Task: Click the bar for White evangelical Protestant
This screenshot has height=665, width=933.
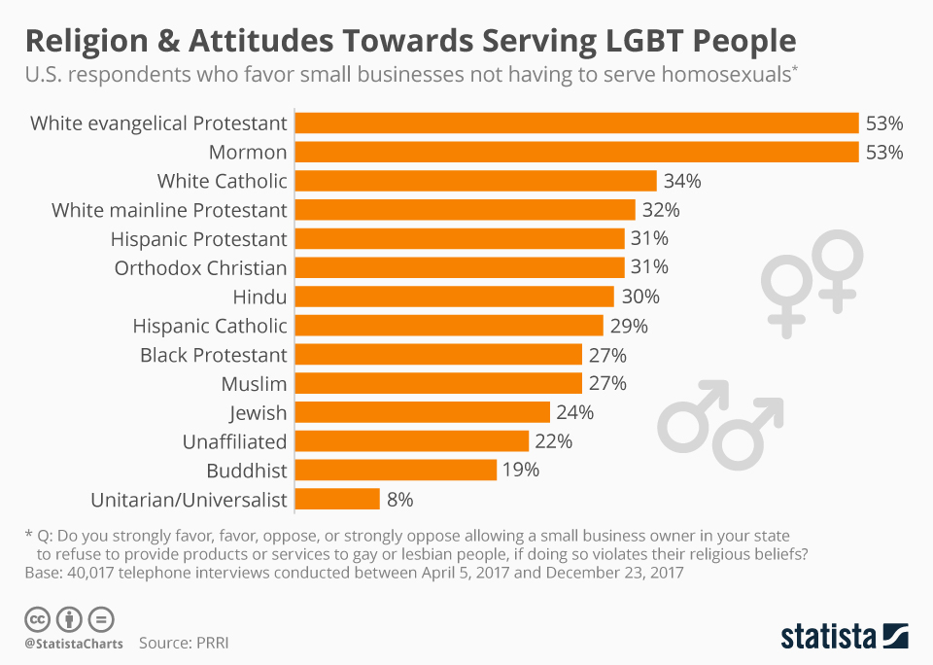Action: pyautogui.click(x=576, y=122)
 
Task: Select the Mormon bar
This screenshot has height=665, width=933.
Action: pyautogui.click(x=576, y=152)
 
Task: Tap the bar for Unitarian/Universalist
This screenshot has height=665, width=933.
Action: pyautogui.click(x=337, y=500)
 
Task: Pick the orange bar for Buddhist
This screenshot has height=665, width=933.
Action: pyautogui.click(x=396, y=471)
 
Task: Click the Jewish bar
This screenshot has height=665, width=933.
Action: pyautogui.click(x=422, y=412)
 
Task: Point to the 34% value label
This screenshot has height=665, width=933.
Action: pyautogui.click(x=682, y=181)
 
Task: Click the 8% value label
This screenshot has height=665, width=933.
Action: pyautogui.click(x=399, y=500)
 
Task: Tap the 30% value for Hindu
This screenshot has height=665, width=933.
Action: pyautogui.click(x=639, y=297)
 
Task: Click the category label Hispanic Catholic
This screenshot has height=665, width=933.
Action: pyautogui.click(x=210, y=326)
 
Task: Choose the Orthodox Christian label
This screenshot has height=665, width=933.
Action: pyautogui.click(x=201, y=268)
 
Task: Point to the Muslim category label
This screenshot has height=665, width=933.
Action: pyautogui.click(x=254, y=383)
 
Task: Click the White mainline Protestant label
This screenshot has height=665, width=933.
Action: pyautogui.click(x=169, y=210)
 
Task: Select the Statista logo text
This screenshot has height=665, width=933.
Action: pyautogui.click(x=827, y=637)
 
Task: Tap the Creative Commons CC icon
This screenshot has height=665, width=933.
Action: pyautogui.click(x=37, y=618)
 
